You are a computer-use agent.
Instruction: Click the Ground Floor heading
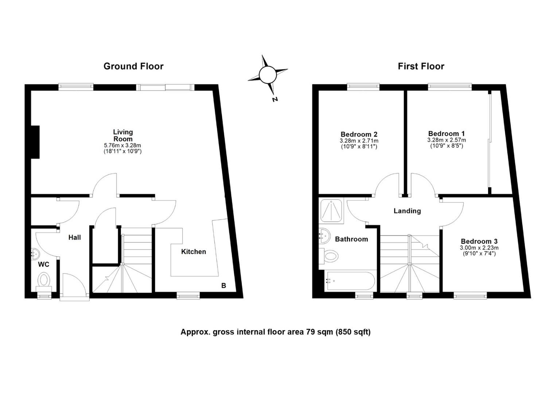(133, 66)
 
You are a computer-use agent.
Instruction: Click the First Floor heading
(421, 66)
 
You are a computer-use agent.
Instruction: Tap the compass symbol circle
(268, 75)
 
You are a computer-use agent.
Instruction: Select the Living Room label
(123, 135)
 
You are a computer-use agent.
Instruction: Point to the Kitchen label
(194, 252)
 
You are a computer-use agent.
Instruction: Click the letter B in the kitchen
(223, 286)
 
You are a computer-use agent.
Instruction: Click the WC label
(44, 264)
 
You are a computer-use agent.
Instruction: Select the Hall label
(75, 237)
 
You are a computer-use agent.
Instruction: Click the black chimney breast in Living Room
(35, 142)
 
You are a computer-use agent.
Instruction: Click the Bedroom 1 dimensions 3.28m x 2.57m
(447, 140)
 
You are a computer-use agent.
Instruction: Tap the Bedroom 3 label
(479, 242)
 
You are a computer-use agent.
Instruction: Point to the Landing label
(407, 211)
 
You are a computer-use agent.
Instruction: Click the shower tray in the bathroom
(331, 211)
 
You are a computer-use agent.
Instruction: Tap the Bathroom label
(351, 239)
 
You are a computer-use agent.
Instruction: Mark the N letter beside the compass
(275, 99)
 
